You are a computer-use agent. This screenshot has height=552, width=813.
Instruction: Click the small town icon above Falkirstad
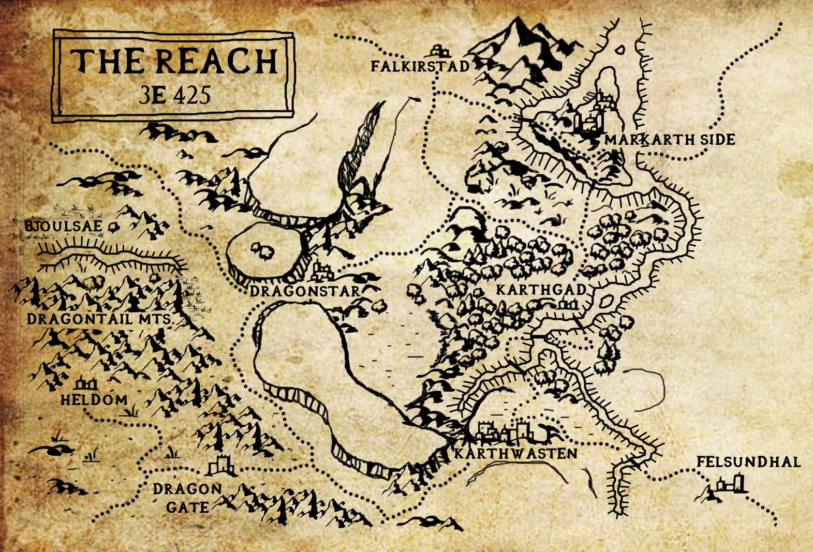pyautogui.click(x=440, y=50)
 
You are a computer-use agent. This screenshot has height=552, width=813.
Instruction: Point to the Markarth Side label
pyautogui.click(x=670, y=140)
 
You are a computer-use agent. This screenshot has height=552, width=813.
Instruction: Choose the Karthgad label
pyautogui.click(x=540, y=290)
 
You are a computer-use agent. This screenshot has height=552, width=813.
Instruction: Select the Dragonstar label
pyautogui.click(x=304, y=291)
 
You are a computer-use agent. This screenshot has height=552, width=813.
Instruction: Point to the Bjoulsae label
pyautogui.click(x=64, y=227)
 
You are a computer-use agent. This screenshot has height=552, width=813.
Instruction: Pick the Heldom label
pyautogui.click(x=94, y=399)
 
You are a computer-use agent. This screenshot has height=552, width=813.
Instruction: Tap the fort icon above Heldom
pyautogui.click(x=85, y=384)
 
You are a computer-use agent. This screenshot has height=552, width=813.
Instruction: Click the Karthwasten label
pyautogui.click(x=515, y=454)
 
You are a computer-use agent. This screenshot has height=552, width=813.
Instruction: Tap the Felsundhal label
pyautogui.click(x=748, y=461)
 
